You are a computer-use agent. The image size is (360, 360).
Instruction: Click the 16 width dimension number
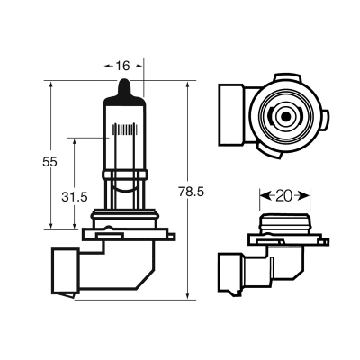[x=123, y=66]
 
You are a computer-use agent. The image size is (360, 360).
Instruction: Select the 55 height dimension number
[x=49, y=162]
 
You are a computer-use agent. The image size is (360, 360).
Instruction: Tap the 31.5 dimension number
[x=75, y=197]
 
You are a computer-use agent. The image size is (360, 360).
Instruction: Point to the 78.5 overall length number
[x=192, y=192]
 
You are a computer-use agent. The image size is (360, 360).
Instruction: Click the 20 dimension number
[x=284, y=196]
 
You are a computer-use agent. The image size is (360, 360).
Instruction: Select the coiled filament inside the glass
[x=124, y=129]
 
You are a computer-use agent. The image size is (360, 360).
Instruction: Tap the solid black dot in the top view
[x=284, y=116]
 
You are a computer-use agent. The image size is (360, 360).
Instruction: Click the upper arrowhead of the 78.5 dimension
[x=188, y=85]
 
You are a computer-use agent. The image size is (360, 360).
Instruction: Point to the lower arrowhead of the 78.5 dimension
[x=188, y=294]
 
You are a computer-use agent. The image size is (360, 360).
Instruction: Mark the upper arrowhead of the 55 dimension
[x=51, y=85]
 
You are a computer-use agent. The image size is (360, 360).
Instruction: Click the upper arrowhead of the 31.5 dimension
[x=75, y=142]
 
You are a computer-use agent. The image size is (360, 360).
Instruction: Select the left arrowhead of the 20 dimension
[x=264, y=196]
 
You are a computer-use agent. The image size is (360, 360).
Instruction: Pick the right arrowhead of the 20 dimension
[x=305, y=196]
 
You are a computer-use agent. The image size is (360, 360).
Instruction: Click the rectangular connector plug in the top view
[x=231, y=115]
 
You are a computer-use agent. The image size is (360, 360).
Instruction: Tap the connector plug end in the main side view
[x=66, y=271]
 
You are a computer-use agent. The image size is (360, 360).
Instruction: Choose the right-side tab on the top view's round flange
[x=327, y=120]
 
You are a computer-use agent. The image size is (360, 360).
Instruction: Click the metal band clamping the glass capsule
[x=124, y=175]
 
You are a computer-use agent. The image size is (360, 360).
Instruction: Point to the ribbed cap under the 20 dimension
[x=284, y=223]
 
